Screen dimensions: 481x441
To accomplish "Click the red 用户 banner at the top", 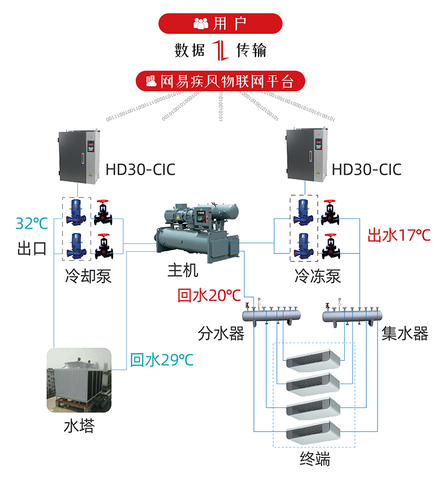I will (220, 23).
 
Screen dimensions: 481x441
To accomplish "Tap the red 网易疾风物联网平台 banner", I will (220, 82).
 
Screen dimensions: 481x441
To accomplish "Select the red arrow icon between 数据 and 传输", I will (220, 51).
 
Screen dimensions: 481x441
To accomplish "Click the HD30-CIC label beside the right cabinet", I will (366, 169).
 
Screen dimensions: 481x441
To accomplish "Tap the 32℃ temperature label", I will (32, 223).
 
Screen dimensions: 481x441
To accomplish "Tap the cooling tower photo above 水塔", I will (79, 382).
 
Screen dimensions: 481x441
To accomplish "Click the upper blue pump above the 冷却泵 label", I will (75, 212).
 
